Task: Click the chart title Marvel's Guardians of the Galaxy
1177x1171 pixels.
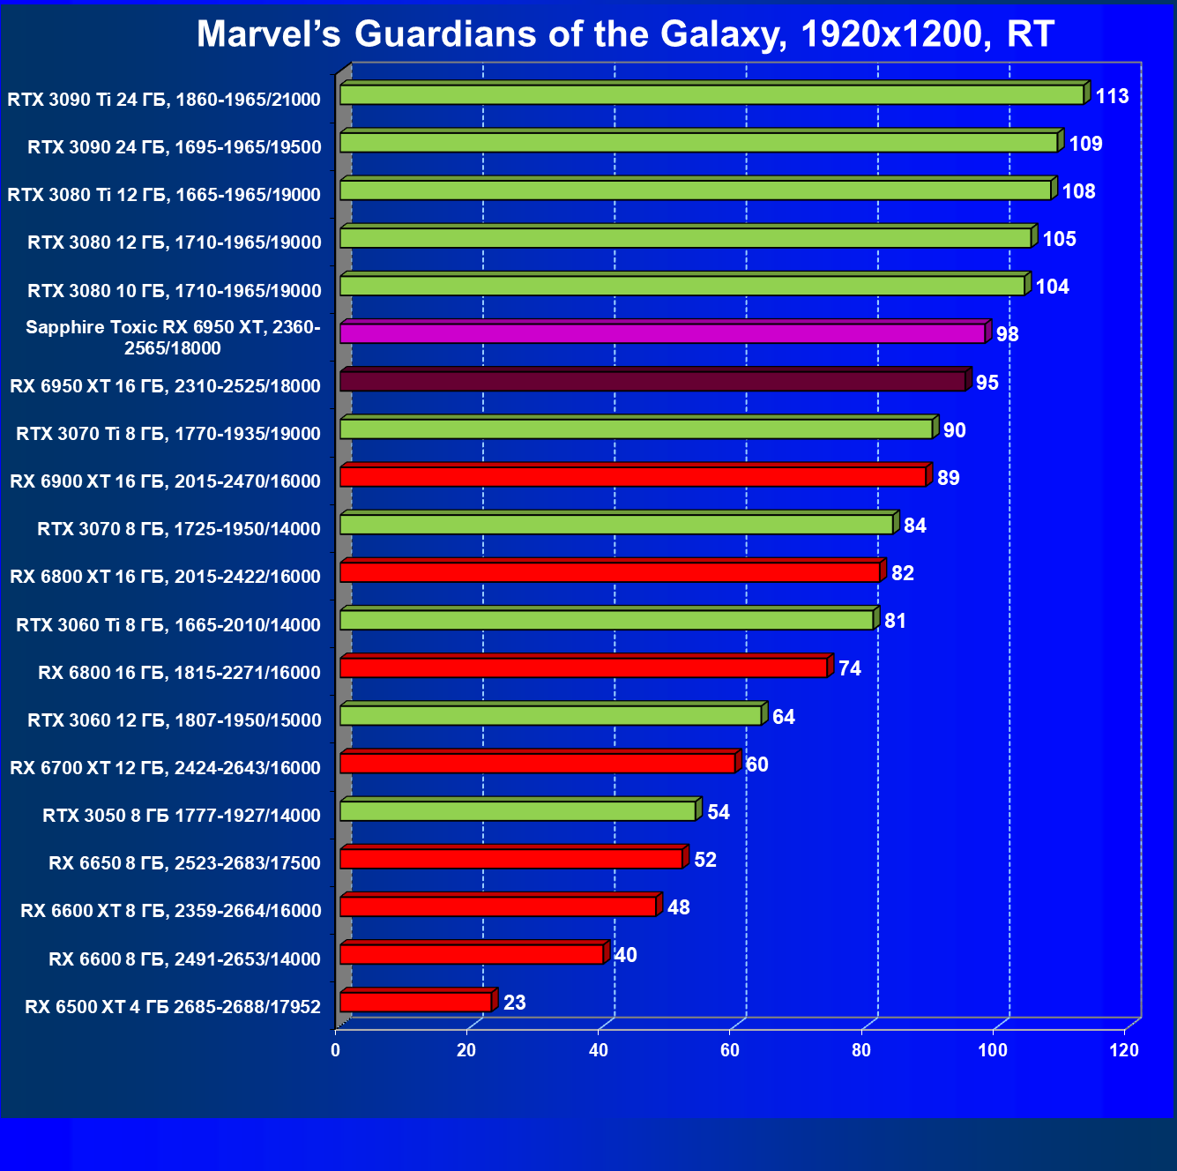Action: tap(624, 34)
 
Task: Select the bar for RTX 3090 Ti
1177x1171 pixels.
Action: tap(711, 94)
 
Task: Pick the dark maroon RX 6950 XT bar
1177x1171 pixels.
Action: tap(652, 381)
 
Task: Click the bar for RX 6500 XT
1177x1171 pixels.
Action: tap(415, 1002)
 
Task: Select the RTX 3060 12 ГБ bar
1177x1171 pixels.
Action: tap(550, 715)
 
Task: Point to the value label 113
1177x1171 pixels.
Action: tap(1112, 96)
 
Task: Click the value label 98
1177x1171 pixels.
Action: tap(1007, 334)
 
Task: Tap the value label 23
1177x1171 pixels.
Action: tap(514, 1003)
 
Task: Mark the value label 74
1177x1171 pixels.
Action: tap(849, 668)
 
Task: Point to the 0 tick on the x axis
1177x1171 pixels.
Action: tap(335, 1050)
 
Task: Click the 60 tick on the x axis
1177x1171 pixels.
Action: tap(730, 1050)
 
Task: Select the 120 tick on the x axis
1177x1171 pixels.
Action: tap(1124, 1050)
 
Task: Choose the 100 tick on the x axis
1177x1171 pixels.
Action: tap(993, 1050)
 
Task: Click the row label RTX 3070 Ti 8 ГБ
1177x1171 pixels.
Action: tap(168, 433)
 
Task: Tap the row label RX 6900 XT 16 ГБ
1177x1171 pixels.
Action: tap(165, 481)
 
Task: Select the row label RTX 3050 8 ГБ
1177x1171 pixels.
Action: tap(182, 815)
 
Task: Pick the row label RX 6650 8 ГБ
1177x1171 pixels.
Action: tap(184, 862)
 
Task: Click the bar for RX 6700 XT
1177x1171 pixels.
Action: tap(537, 763)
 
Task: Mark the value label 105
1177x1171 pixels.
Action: tap(1059, 239)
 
